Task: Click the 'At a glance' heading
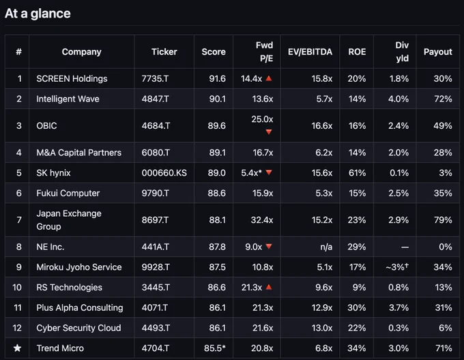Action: tap(38, 14)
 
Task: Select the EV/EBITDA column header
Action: tap(310, 52)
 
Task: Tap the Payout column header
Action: tap(437, 52)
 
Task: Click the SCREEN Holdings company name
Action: tap(72, 78)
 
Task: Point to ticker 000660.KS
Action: tap(164, 173)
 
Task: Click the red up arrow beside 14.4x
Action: tap(269, 78)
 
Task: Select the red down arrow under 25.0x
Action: tap(269, 132)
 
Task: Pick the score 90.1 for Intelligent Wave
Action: tap(217, 99)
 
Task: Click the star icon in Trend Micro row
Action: tap(18, 348)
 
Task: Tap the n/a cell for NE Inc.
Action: tap(326, 247)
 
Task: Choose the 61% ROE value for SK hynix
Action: tap(357, 173)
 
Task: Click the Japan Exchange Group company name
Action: tap(69, 220)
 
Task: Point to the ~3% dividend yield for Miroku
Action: tap(397, 267)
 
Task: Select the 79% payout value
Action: tap(443, 220)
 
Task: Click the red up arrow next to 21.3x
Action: tap(269, 287)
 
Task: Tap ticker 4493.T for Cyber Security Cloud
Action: tap(156, 328)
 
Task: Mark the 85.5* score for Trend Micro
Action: tap(215, 348)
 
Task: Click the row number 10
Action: tap(17, 287)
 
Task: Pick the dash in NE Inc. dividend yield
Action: tap(405, 247)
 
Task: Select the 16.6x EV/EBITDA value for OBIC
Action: tap(321, 126)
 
